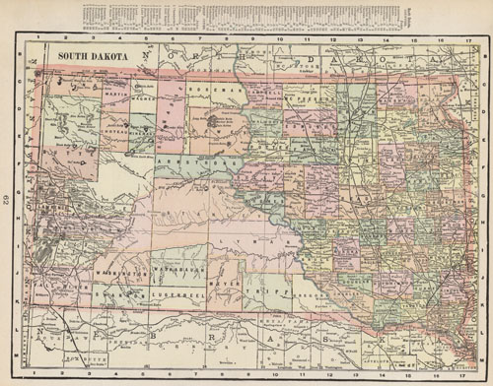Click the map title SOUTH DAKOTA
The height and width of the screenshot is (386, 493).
(93, 56)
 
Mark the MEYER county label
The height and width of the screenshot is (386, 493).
(226, 285)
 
